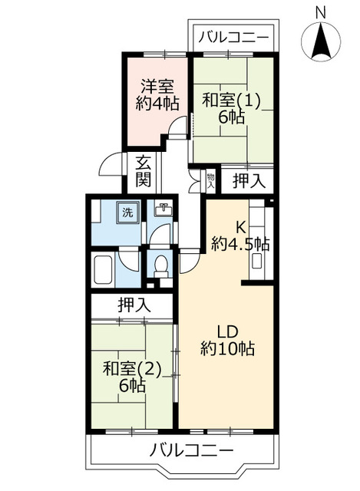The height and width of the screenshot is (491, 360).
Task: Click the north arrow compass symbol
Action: click(321, 41)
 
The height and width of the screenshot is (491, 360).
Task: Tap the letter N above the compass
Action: click(321, 11)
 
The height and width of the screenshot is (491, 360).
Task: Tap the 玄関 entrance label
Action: click(144, 172)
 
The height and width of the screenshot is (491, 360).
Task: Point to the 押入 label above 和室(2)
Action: click(134, 305)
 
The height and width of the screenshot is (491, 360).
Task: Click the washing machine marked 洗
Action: click(127, 213)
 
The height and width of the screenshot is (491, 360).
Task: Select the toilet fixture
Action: click(161, 265)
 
